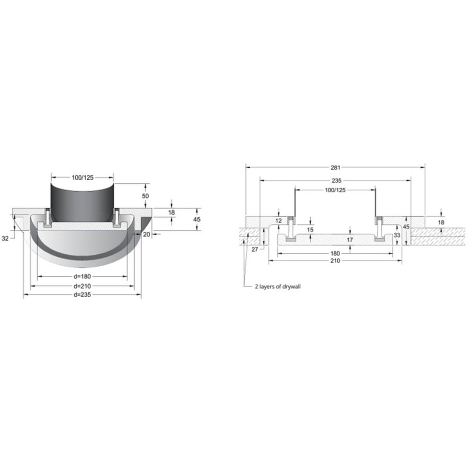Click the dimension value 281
[335, 168]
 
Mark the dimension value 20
[147, 234]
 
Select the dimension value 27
[254, 250]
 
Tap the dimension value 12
[278, 221]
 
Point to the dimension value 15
[310, 229]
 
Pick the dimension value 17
[350, 240]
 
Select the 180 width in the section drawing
[335, 253]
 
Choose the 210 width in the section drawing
[335, 261]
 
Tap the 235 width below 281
[335, 180]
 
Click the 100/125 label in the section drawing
[335, 190]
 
